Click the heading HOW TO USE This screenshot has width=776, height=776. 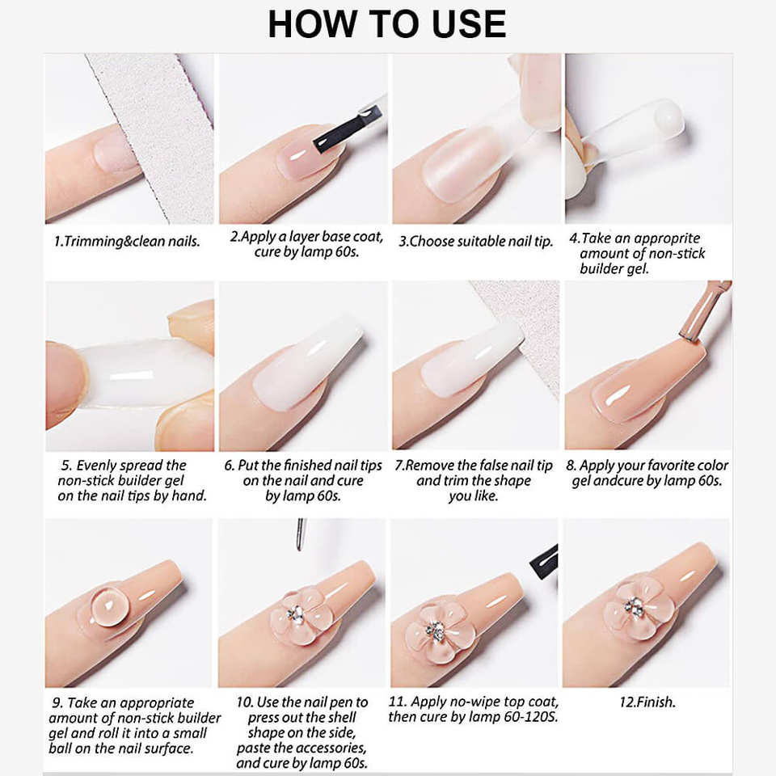(x=387, y=23)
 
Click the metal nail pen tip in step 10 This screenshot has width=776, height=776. (x=301, y=534)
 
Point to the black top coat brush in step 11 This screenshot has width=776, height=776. (x=544, y=559)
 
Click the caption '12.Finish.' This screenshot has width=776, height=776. (x=647, y=702)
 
